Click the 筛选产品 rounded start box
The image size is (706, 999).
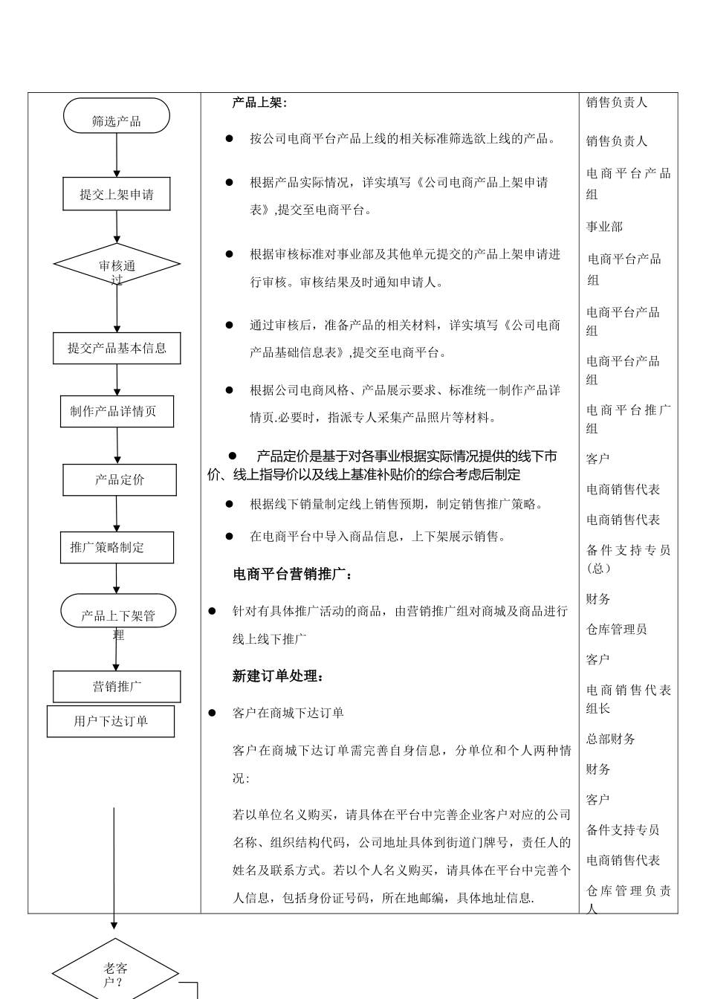[x=117, y=117]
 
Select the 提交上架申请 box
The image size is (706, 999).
[x=117, y=195]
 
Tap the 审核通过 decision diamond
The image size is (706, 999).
[x=117, y=265]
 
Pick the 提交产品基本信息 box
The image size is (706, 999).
[x=117, y=348]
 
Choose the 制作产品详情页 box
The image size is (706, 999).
[x=117, y=411]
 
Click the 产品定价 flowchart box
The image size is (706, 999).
[x=120, y=480]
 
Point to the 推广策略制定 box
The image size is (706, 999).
[x=117, y=548]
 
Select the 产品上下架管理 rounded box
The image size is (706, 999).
[x=118, y=612]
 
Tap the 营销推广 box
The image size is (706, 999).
[x=117, y=687]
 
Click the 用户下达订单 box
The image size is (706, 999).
[x=111, y=721]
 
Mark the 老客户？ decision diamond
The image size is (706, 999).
[x=115, y=973]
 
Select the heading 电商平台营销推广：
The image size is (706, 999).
[x=293, y=574]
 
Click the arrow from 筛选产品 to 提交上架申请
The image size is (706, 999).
[x=117, y=155]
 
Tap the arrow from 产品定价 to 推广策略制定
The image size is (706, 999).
[x=117, y=514]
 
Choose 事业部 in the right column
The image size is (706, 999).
[x=604, y=227]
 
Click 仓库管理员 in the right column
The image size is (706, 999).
[x=616, y=630]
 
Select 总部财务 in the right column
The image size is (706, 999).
[x=610, y=739]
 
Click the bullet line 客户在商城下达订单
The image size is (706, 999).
[x=288, y=713]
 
